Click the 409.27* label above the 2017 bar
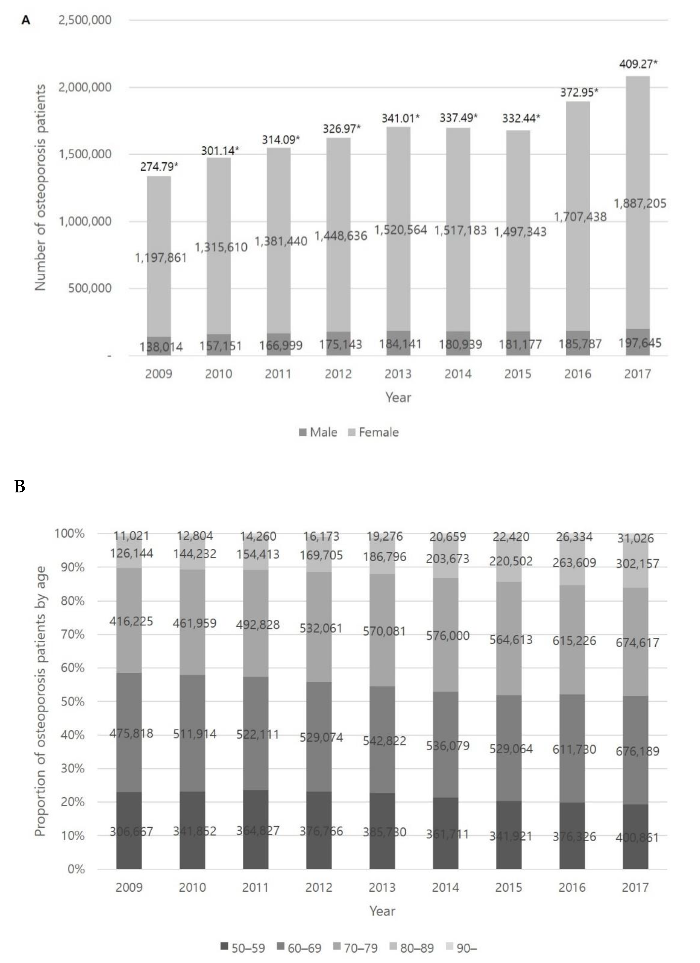click(638, 64)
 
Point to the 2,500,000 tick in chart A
click(85, 20)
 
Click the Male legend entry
click(318, 432)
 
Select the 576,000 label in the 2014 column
click(448, 636)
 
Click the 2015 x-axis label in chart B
click(509, 887)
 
